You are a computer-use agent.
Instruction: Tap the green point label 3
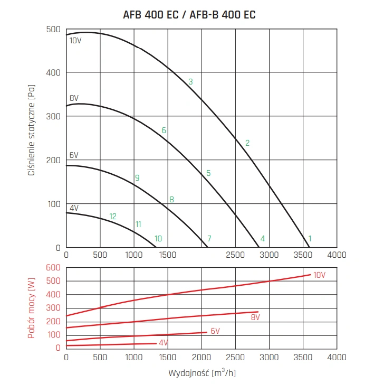click(190, 81)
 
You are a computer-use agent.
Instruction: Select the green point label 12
click(113, 216)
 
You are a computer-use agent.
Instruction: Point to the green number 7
click(209, 238)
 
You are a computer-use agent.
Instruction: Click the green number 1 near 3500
click(310, 238)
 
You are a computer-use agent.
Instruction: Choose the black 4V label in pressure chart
click(73, 208)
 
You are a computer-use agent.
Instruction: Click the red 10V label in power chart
click(320, 275)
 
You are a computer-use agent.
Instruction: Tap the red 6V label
click(215, 331)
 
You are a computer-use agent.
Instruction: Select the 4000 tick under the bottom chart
click(337, 358)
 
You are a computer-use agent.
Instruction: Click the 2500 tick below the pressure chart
click(235, 255)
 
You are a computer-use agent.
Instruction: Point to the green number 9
click(137, 177)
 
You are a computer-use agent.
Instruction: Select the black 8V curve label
click(74, 98)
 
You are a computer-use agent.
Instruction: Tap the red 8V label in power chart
click(255, 317)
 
